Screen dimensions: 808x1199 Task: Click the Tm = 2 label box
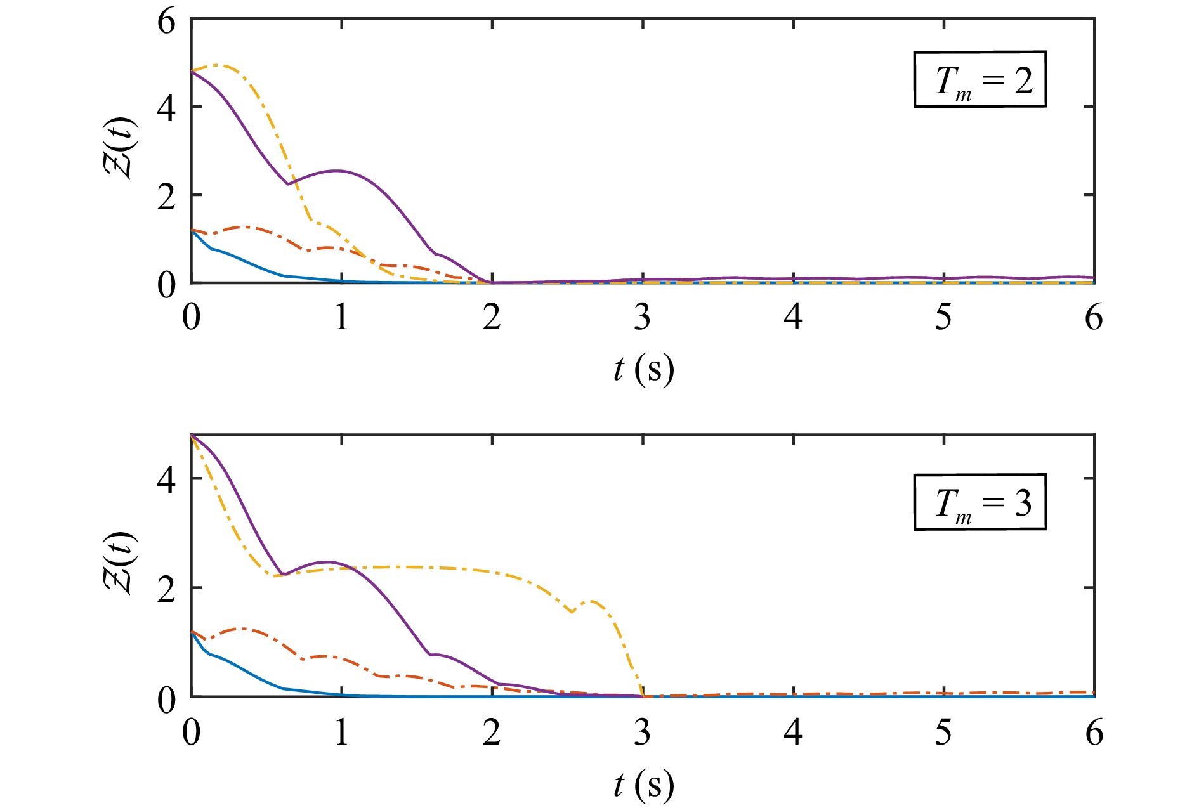980,79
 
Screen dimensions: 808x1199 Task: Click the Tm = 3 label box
980,502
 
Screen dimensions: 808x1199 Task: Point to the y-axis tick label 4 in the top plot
166,109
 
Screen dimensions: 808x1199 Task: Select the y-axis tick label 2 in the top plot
166,197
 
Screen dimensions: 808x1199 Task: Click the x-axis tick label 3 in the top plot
642,317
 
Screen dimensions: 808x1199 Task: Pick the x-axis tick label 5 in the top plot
943,317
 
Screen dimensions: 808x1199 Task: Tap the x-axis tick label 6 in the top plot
1094,317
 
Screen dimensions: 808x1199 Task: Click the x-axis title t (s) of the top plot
643,369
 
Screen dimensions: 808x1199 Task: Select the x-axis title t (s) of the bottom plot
643,785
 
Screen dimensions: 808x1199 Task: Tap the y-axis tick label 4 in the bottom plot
166,481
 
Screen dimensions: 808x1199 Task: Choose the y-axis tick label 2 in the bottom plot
166,590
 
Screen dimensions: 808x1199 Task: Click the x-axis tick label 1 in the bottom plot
341,733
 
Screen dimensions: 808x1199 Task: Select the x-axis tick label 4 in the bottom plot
793,733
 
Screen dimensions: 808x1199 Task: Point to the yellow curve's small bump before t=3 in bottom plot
593,601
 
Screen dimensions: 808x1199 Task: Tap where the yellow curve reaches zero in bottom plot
643,696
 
